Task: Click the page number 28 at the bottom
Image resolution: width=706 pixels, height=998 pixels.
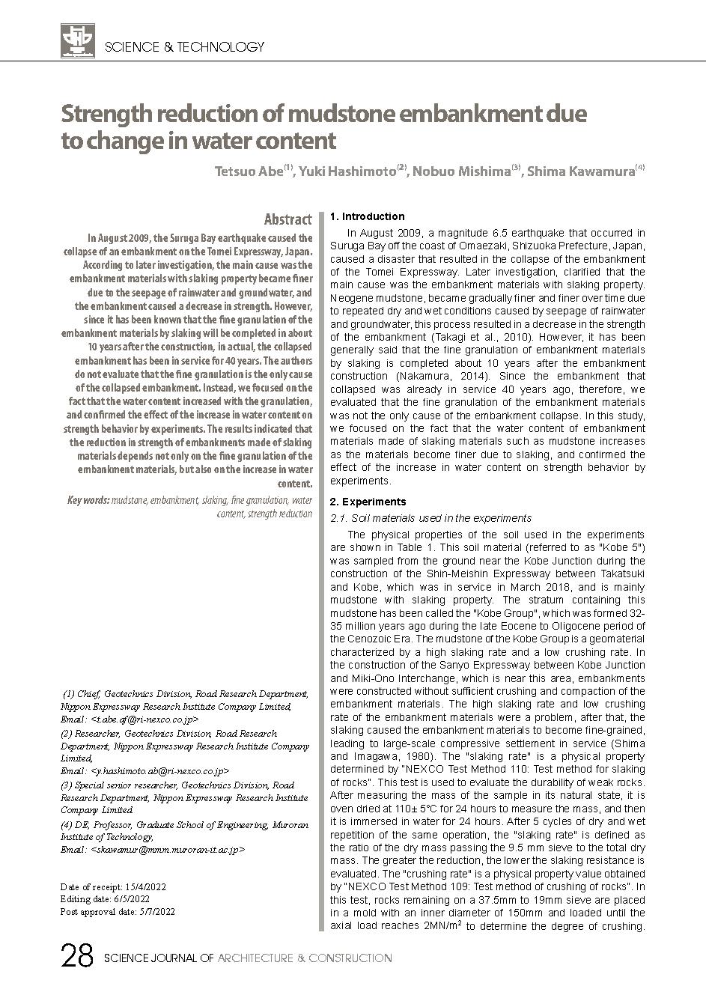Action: (x=76, y=958)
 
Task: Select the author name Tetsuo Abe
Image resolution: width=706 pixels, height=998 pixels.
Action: (x=249, y=172)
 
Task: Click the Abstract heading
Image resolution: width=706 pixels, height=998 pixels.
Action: (x=287, y=219)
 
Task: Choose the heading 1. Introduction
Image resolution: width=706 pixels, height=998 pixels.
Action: (x=367, y=216)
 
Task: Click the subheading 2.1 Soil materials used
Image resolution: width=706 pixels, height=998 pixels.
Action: (x=430, y=518)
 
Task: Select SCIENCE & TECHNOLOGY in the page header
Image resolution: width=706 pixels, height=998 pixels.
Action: (x=185, y=47)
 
